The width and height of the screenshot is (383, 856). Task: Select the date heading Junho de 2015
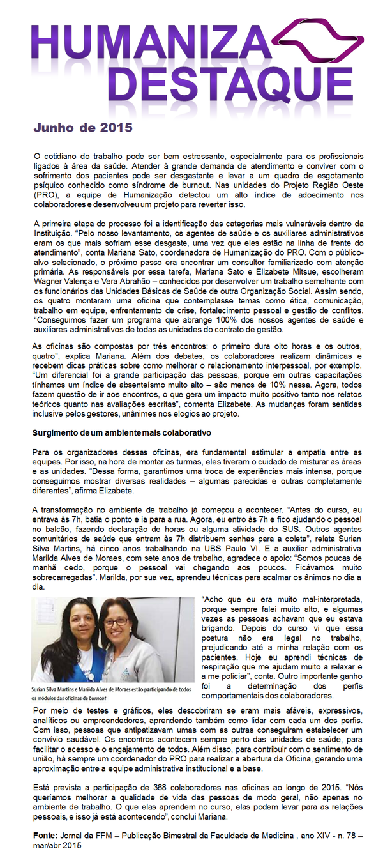point(83,128)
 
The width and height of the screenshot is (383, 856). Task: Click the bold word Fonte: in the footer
point(47,834)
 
